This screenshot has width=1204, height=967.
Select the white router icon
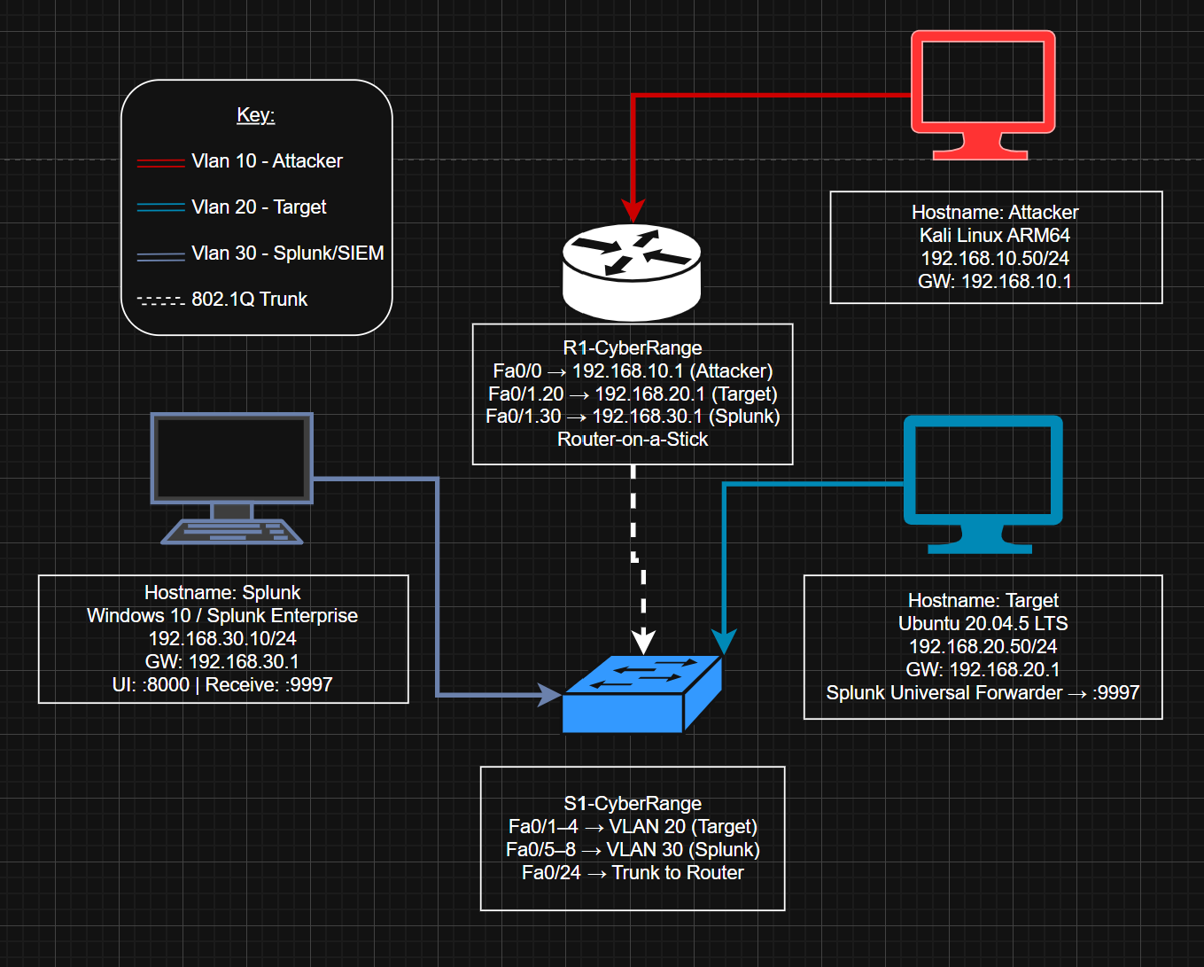(x=632, y=270)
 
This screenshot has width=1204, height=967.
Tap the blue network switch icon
(x=642, y=695)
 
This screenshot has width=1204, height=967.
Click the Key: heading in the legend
(x=255, y=115)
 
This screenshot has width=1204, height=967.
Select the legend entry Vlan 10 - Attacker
(x=267, y=161)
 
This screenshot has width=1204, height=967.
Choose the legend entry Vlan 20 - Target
(x=259, y=207)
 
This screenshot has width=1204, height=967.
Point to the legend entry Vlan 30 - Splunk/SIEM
(x=287, y=253)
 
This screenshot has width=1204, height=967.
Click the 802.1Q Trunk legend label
(x=249, y=300)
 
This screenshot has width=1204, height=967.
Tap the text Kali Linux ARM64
(x=995, y=236)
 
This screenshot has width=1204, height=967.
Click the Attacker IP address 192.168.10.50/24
(x=995, y=259)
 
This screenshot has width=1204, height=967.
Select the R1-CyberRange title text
(x=632, y=348)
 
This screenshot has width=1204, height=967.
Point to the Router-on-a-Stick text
(x=632, y=440)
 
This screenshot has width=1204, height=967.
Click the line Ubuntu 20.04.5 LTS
(x=983, y=624)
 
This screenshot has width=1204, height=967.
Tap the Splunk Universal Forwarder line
(x=983, y=693)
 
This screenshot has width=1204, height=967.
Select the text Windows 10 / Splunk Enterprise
(x=222, y=616)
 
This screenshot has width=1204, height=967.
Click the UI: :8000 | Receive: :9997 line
(x=222, y=685)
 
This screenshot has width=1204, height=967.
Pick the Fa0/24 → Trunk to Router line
(x=633, y=873)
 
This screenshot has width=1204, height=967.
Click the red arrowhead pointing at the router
(x=633, y=211)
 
